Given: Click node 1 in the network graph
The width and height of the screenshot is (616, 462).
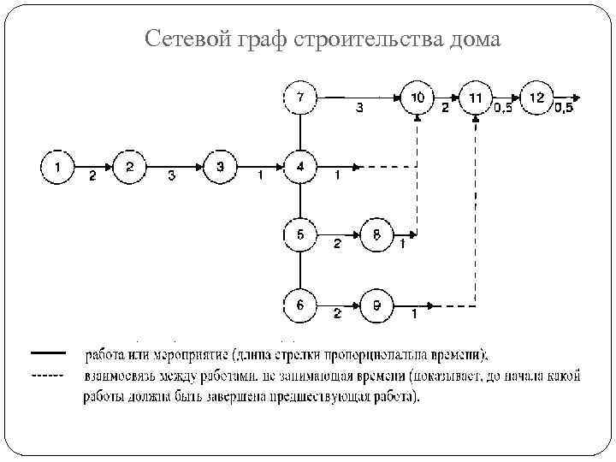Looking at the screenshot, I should [x=57, y=167].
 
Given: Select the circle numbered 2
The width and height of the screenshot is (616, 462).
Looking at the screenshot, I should [x=130, y=167].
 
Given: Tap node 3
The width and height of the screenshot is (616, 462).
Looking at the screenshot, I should [x=220, y=167].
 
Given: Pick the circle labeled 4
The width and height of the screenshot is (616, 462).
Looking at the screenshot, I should [x=299, y=167].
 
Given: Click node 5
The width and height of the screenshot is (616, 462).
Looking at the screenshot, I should [x=299, y=234].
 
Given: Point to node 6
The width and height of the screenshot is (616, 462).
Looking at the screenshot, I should [x=299, y=303].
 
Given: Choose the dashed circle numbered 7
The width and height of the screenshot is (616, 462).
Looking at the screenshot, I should [x=299, y=98].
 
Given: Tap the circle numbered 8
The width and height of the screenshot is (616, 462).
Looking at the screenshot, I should [x=377, y=234].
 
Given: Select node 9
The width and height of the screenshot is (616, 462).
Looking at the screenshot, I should [x=377, y=303].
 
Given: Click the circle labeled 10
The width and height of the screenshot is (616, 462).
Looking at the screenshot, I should [x=417, y=98].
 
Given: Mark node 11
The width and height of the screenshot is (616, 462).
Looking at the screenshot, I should [x=476, y=98].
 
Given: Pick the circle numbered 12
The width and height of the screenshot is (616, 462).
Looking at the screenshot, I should [x=536, y=98].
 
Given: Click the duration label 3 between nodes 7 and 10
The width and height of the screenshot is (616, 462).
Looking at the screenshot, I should [x=359, y=109].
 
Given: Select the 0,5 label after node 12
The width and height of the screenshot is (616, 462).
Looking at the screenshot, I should [x=564, y=108].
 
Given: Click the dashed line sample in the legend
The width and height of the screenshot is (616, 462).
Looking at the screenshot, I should [x=48, y=375].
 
